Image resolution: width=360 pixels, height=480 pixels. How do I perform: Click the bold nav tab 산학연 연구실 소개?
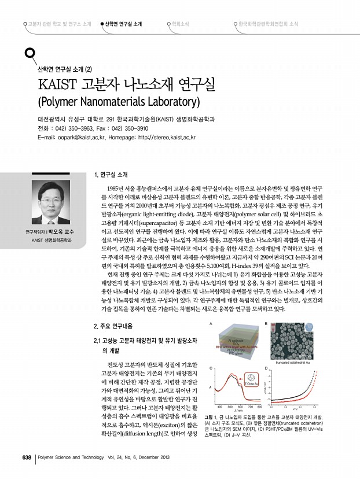123,25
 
